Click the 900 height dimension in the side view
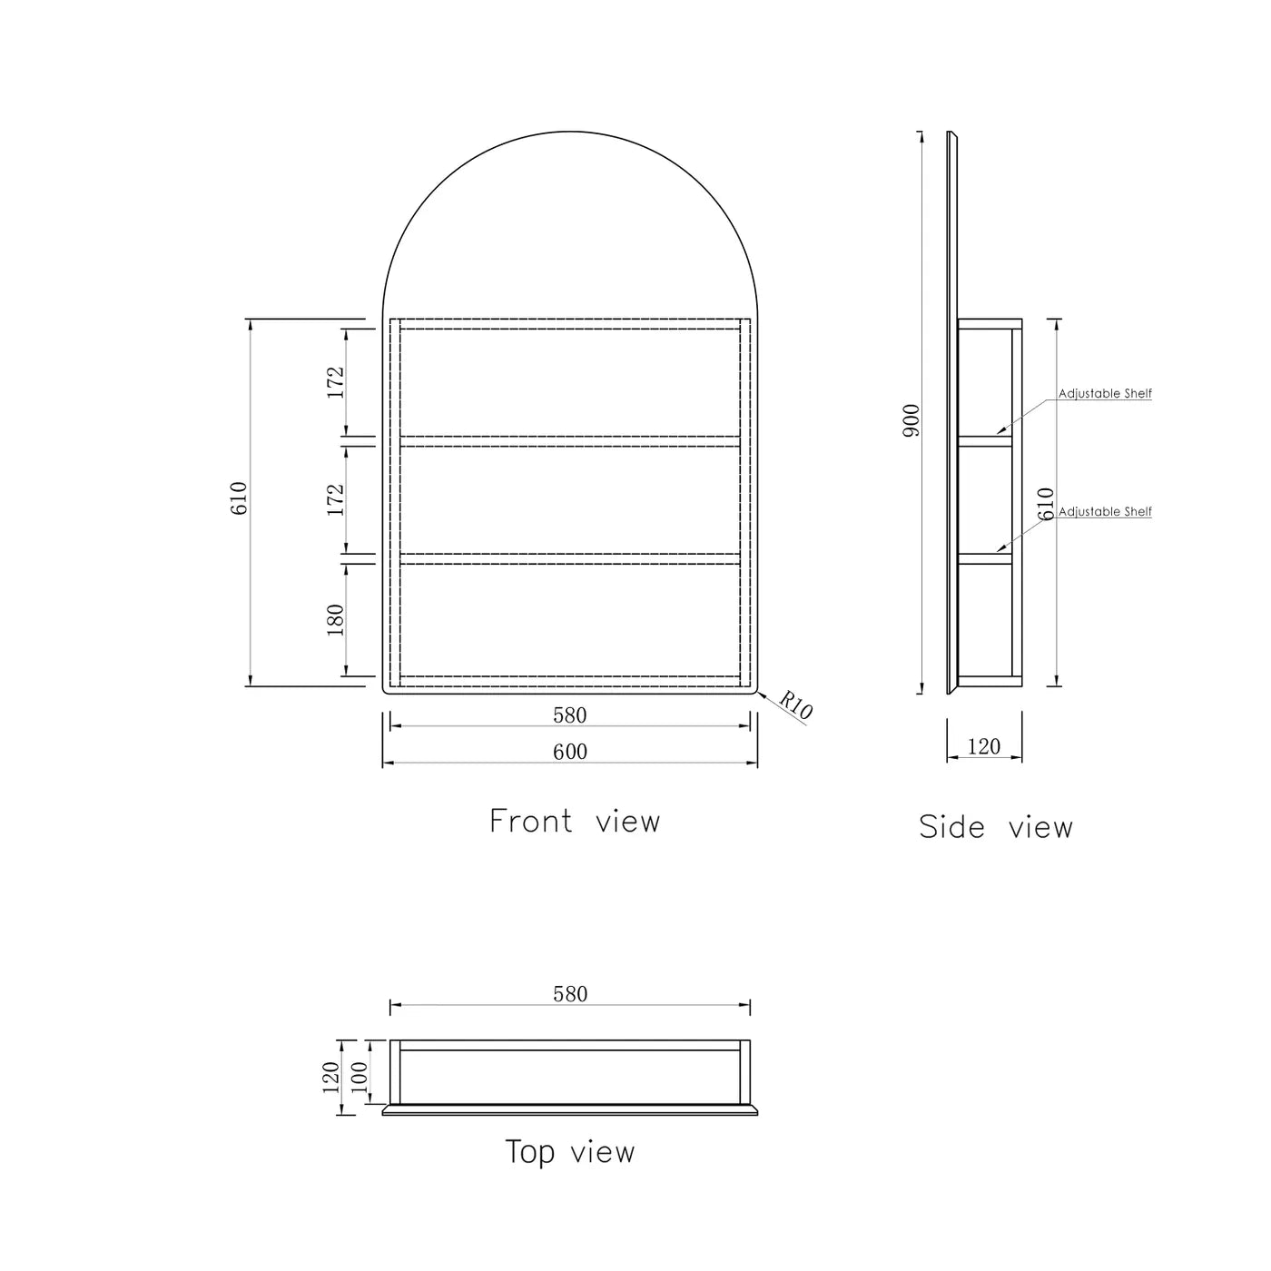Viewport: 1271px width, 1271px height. [x=911, y=420]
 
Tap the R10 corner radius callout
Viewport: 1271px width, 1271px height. [x=795, y=704]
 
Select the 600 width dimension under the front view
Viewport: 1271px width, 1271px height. [x=570, y=752]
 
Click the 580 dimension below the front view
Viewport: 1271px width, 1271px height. [x=570, y=715]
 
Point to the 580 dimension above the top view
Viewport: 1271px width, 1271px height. [x=570, y=994]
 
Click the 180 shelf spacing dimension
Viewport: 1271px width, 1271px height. [x=336, y=619]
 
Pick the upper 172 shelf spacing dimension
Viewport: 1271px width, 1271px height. [x=336, y=382]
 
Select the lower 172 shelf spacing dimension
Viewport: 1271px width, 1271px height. [x=336, y=500]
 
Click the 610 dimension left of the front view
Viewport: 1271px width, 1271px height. [x=239, y=498]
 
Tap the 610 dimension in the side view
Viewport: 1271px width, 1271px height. [x=1046, y=504]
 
